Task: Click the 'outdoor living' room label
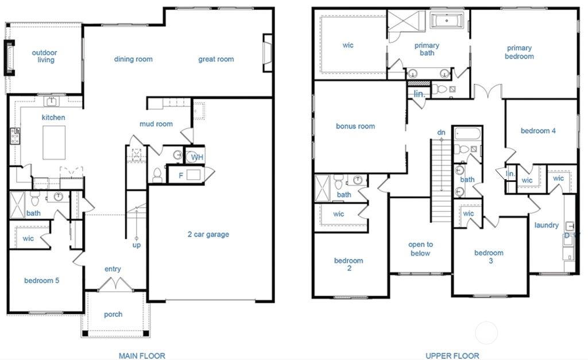coord(44,56)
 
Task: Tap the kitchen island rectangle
coord(54,142)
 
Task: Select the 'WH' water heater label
coord(196,157)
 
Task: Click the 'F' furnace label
coord(181,175)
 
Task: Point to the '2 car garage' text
coord(208,234)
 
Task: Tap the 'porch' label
coord(113,314)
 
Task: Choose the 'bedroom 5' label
coord(42,281)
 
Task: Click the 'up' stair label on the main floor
coord(137,245)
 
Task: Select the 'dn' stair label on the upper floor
coord(441,133)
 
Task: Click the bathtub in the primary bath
coord(450,22)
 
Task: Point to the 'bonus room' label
coord(355,126)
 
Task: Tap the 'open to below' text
coord(420,249)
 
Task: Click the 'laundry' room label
coord(546,225)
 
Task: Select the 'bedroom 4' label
coord(538,131)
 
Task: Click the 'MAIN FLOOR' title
coord(142,356)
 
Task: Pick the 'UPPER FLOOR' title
coord(452,356)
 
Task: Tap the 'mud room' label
coord(156,124)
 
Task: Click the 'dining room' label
coord(133,59)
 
